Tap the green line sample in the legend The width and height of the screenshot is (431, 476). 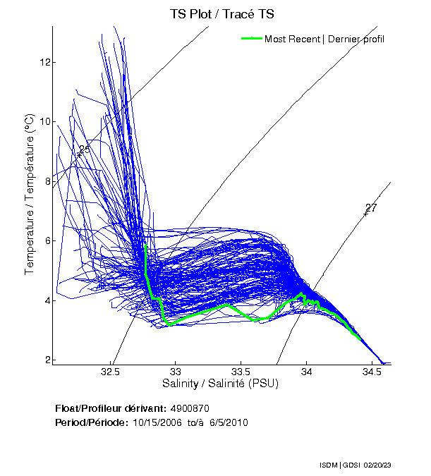click(x=252, y=38)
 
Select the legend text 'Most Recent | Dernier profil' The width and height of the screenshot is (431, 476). click(x=324, y=39)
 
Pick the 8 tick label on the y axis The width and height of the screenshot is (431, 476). click(x=46, y=181)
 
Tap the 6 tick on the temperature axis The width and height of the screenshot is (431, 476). click(x=46, y=240)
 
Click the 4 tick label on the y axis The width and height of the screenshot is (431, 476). click(x=46, y=300)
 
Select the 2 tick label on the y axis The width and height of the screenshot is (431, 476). click(x=46, y=360)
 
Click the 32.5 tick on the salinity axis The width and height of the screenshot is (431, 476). click(x=111, y=372)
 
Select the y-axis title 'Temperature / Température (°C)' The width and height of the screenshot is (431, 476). click(x=30, y=195)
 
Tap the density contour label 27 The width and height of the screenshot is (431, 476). click(x=371, y=208)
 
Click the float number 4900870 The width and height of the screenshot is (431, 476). click(x=190, y=408)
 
